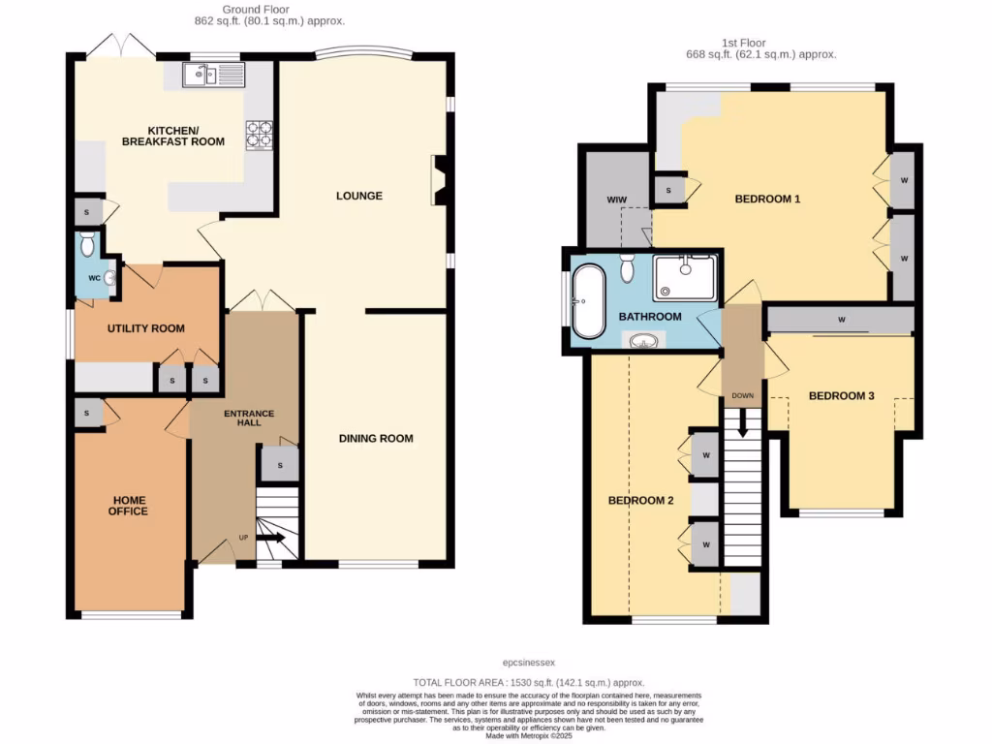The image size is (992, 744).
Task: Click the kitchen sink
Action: tap(204, 74)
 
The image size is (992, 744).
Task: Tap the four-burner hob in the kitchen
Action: tap(259, 133)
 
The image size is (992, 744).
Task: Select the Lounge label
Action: tap(358, 196)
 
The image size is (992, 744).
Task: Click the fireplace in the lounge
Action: tap(439, 180)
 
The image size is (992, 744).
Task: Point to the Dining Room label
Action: tap(376, 439)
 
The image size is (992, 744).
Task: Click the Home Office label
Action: tap(128, 505)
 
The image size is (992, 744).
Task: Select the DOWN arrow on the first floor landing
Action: tap(743, 422)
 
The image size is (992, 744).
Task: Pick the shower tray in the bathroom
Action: tap(685, 277)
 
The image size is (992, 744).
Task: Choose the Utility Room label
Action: tap(145, 328)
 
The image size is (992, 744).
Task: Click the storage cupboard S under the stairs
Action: tap(280, 466)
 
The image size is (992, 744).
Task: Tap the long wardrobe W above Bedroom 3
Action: tap(840, 318)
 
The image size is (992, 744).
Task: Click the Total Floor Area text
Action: tap(528, 683)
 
